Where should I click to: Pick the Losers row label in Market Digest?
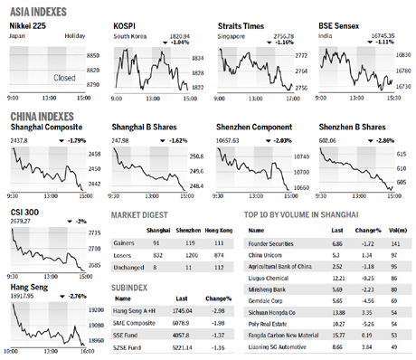(x=124, y=256)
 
